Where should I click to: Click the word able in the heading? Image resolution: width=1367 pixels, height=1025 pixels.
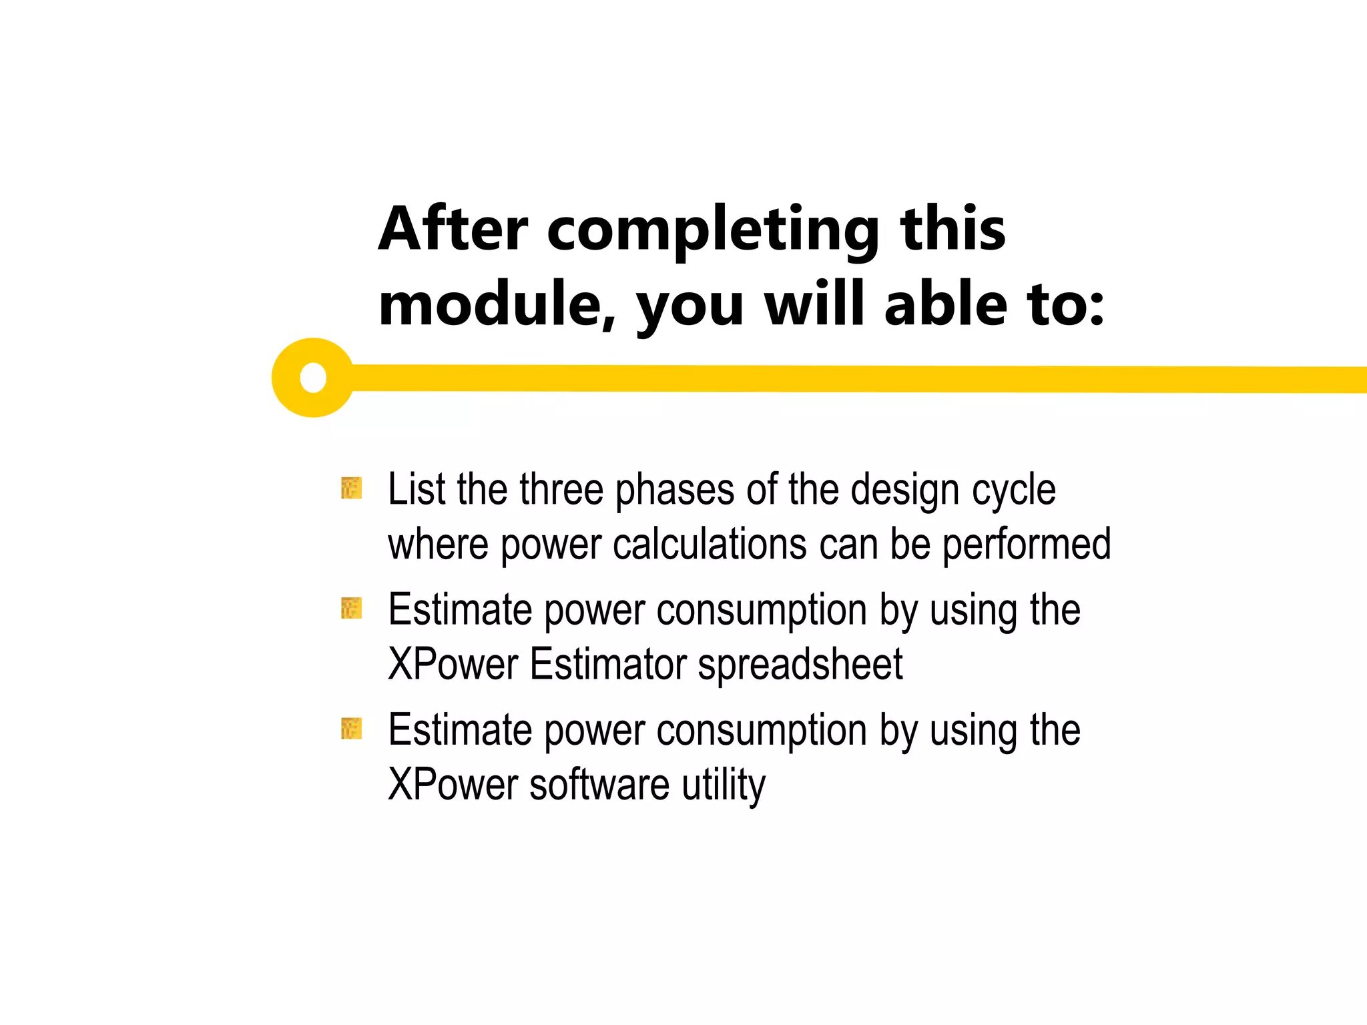coord(945,305)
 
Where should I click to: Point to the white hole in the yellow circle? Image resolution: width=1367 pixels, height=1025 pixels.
coord(313,378)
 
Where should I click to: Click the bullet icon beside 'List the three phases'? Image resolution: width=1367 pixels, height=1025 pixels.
coord(351,488)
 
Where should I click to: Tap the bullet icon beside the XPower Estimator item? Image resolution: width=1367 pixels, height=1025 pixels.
coord(351,608)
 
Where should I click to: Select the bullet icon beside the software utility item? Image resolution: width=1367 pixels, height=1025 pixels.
coord(351,728)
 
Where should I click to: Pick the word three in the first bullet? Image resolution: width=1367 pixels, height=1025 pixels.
coord(561,489)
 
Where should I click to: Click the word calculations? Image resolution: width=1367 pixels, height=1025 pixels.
coord(710,544)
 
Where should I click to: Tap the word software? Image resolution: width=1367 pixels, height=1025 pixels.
coord(599,785)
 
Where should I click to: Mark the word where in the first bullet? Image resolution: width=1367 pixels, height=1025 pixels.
coord(438,544)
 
